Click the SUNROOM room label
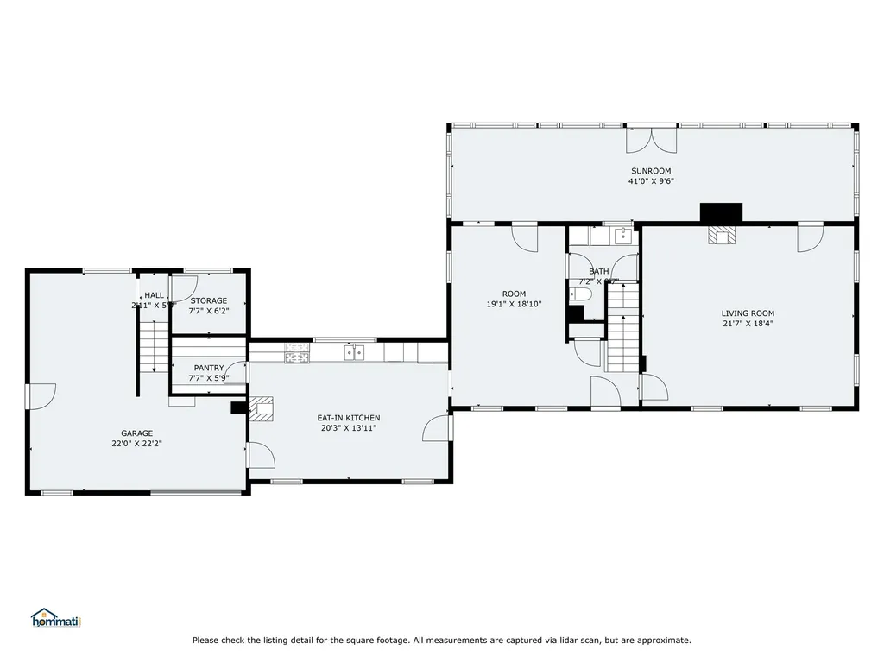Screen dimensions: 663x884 pyautogui.click(x=650, y=171)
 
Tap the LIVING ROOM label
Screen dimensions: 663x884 pyautogui.click(x=748, y=313)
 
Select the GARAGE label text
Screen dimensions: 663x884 pyautogui.click(x=136, y=433)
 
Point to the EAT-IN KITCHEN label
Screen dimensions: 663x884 pyautogui.click(x=348, y=418)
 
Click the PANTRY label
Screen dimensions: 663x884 pyautogui.click(x=209, y=368)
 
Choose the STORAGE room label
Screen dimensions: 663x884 pyautogui.click(x=209, y=300)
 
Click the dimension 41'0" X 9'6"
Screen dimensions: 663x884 pyautogui.click(x=650, y=181)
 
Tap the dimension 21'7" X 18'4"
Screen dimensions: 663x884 pyautogui.click(x=748, y=324)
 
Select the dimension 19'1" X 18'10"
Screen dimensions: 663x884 pyautogui.click(x=515, y=304)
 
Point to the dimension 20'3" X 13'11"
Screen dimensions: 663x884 pyautogui.click(x=348, y=428)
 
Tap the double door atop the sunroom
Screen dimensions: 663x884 pyautogui.click(x=652, y=138)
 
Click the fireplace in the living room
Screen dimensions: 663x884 pyautogui.click(x=720, y=236)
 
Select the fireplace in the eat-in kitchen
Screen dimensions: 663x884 pyautogui.click(x=264, y=407)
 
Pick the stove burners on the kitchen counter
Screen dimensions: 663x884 pyautogui.click(x=297, y=352)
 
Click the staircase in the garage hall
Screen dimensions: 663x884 pyautogui.click(x=155, y=345)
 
